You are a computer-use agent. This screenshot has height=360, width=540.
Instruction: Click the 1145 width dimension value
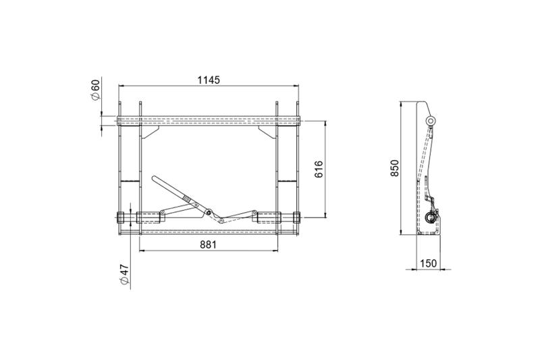click(x=209, y=80)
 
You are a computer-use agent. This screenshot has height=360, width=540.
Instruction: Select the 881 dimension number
click(x=209, y=245)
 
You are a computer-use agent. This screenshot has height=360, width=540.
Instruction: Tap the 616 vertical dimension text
click(x=319, y=169)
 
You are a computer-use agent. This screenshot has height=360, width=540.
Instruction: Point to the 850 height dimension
click(x=395, y=168)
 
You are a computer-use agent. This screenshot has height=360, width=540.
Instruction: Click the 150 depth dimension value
click(x=429, y=263)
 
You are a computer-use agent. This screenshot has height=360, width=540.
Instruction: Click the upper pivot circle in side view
click(x=430, y=121)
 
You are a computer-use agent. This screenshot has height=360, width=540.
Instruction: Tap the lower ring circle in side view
click(x=430, y=217)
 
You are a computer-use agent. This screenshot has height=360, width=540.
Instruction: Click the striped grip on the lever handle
click(x=186, y=199)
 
